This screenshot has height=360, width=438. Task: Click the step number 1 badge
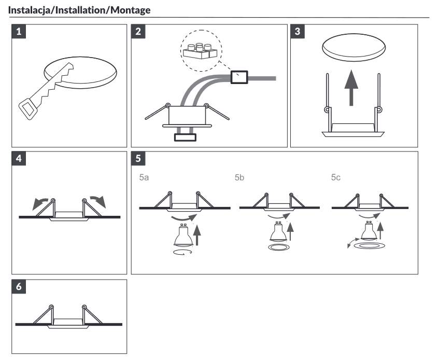19,31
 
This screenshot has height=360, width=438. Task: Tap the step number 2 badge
138,31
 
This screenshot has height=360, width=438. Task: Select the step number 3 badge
298,31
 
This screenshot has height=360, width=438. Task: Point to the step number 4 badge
19,159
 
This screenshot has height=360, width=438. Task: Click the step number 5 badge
138,159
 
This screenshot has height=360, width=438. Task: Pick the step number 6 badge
19,286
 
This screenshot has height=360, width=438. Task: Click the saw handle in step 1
28,109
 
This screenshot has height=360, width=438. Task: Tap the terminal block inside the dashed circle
200,51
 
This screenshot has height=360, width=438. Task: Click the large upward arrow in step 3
351,88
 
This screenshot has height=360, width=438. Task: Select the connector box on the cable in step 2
239,77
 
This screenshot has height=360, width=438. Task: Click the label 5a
144,177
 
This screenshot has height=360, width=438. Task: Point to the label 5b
239,177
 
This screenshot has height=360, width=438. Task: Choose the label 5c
336,177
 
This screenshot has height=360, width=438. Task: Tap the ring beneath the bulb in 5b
278,247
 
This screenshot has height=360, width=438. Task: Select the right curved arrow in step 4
98,201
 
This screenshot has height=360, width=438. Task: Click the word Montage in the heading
131,10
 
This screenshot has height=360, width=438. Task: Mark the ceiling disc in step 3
354,47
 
